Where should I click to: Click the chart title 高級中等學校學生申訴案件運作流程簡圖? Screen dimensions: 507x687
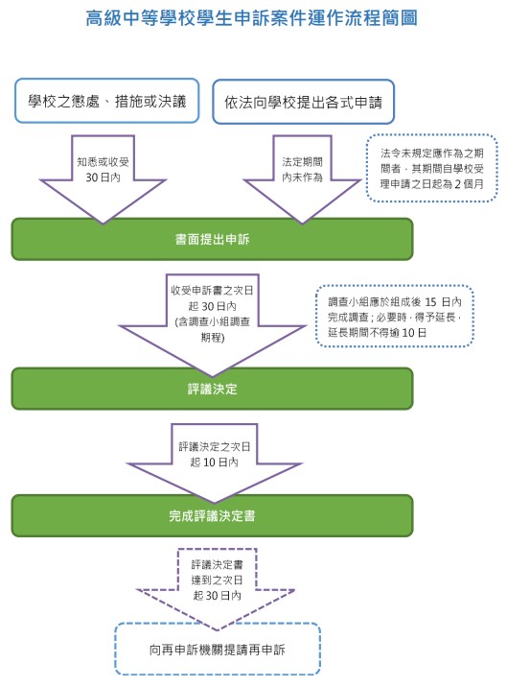pos(251,18)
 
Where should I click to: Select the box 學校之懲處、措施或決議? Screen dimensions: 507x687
pos(106,101)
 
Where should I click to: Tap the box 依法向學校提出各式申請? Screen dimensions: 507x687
pos(304,102)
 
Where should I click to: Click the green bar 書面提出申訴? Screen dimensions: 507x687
pos(212,239)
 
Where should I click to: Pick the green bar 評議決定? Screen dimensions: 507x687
pos(212,389)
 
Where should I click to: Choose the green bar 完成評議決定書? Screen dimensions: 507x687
pos(212,515)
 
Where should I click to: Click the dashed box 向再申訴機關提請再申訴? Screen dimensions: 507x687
pos(218,649)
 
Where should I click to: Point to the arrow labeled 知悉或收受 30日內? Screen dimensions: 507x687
pos(103,176)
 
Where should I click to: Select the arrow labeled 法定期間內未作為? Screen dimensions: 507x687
pos(302,176)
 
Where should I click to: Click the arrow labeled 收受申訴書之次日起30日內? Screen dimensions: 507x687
pos(213,320)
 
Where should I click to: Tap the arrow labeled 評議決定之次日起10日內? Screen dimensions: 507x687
pos(214,460)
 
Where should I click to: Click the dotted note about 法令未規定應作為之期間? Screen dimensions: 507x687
pos(431,168)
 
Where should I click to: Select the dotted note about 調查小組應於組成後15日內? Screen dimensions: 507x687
pos(395,317)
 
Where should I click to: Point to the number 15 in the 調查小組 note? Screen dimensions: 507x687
pos(430,302)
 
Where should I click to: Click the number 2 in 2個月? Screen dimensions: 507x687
pos(457,184)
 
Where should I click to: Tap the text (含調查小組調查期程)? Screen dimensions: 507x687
pos(213,329)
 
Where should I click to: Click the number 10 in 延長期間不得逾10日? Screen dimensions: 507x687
pos(407,333)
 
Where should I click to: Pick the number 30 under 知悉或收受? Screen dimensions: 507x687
pos(91,178)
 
